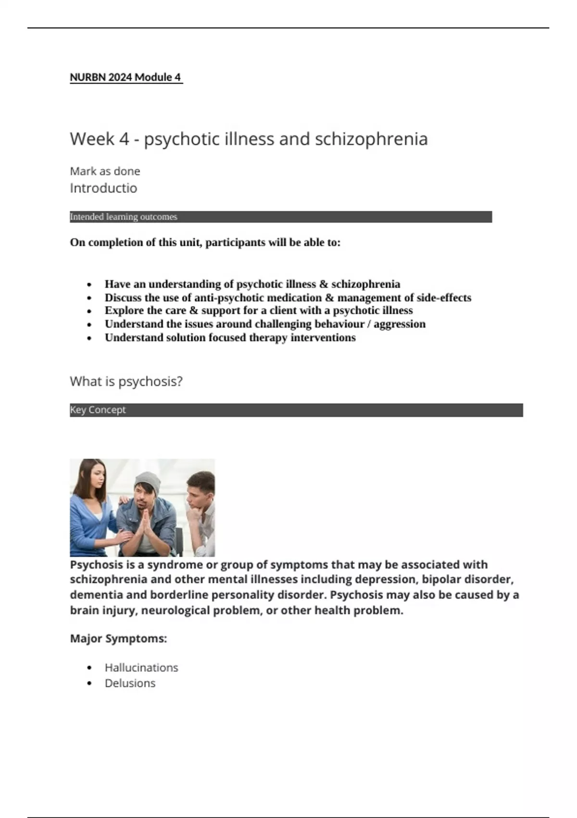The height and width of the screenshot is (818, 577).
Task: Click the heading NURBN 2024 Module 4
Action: pyautogui.click(x=125, y=77)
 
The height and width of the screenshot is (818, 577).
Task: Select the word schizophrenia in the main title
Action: pyautogui.click(x=371, y=139)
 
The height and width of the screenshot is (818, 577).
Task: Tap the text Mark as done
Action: pyautogui.click(x=105, y=171)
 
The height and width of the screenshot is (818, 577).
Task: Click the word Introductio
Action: pyautogui.click(x=103, y=188)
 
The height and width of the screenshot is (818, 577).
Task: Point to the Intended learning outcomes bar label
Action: pyautogui.click(x=124, y=217)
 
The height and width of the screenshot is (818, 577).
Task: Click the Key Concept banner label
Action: pyautogui.click(x=98, y=410)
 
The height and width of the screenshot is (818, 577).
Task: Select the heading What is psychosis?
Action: pyautogui.click(x=126, y=382)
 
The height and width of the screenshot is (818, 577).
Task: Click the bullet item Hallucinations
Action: pyautogui.click(x=141, y=668)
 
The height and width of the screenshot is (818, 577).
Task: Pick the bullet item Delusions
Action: pyautogui.click(x=130, y=683)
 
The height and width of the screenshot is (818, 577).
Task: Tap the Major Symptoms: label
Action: pyautogui.click(x=118, y=639)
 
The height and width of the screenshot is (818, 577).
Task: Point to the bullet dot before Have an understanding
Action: pyautogui.click(x=89, y=285)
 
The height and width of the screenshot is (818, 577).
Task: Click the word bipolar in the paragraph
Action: pyautogui.click(x=439, y=580)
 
